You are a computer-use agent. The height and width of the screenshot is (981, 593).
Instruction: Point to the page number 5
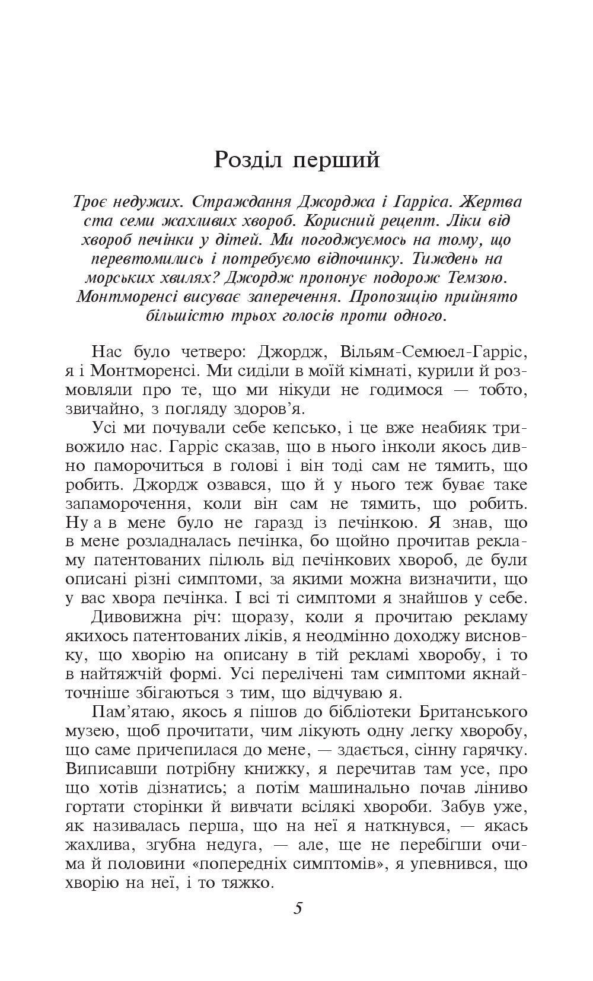click(x=298, y=908)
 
